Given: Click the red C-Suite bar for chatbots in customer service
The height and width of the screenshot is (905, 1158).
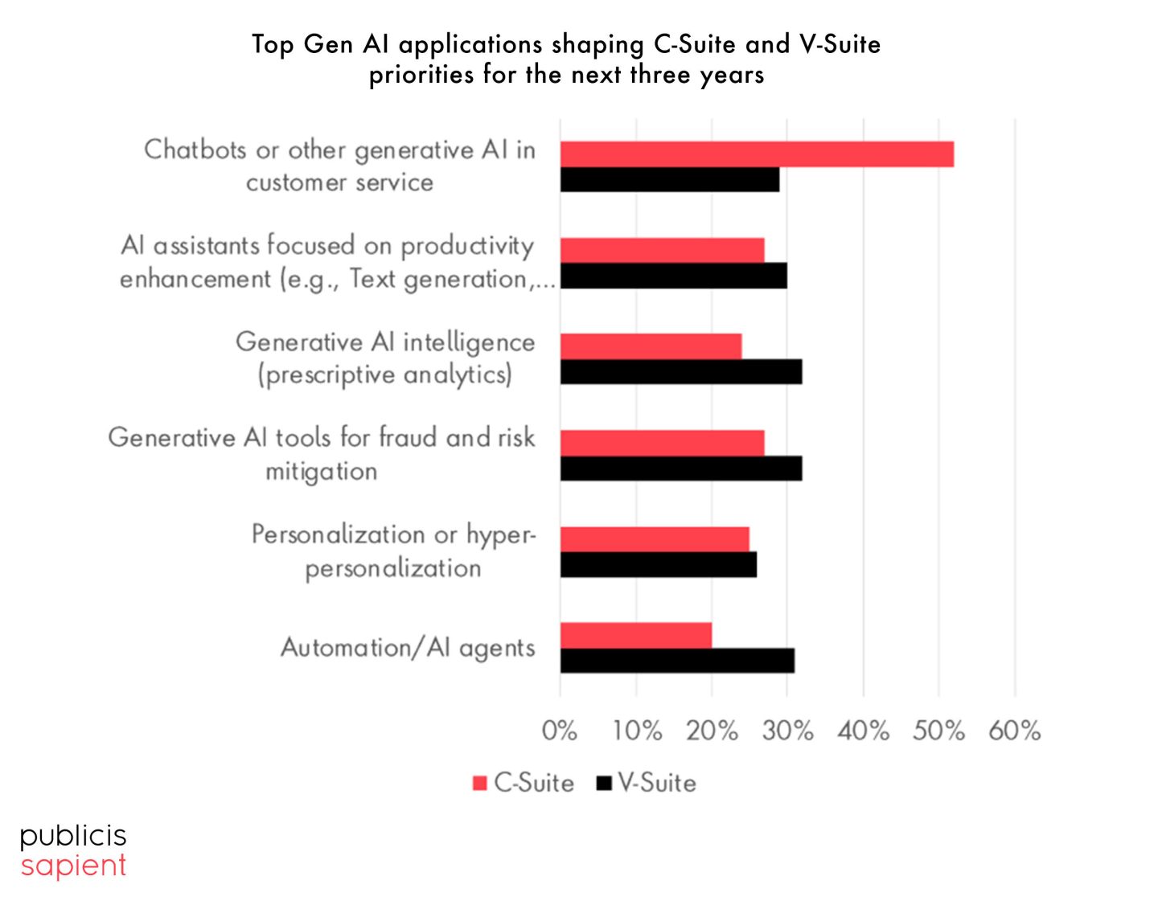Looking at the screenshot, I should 757,154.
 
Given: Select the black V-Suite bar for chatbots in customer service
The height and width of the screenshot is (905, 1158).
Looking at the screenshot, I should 670,180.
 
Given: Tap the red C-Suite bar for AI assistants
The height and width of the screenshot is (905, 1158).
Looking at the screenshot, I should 663,250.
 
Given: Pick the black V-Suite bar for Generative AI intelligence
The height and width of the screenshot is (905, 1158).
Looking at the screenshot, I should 681,372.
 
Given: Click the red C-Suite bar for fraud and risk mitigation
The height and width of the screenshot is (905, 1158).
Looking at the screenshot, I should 663,443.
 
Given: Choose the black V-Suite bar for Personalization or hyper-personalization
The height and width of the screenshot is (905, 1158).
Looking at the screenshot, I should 659,565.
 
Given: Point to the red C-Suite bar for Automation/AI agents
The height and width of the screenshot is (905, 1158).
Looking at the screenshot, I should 636,635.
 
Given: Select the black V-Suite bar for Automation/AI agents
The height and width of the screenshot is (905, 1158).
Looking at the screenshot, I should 677,661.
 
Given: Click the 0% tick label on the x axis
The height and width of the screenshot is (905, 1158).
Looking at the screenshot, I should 560,731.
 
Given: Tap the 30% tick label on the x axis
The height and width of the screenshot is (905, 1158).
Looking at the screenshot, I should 788,731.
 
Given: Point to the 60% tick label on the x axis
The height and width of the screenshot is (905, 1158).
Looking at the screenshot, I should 1015,731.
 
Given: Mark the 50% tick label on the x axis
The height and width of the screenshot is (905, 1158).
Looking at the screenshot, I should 938,731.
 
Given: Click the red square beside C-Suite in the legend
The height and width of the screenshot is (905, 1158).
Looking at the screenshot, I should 480,783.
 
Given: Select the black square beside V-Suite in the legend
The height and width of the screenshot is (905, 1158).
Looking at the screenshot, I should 604,783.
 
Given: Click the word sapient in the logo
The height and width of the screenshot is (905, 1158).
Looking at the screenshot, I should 73,866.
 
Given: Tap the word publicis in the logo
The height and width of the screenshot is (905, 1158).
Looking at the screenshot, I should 73,837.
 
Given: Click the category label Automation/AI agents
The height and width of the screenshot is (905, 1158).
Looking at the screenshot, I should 408,648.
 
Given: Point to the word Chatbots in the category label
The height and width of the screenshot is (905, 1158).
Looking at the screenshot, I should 195,150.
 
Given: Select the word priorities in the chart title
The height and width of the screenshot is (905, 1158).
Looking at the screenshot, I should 421,75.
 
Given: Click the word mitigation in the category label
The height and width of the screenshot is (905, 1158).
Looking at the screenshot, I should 322,472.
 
